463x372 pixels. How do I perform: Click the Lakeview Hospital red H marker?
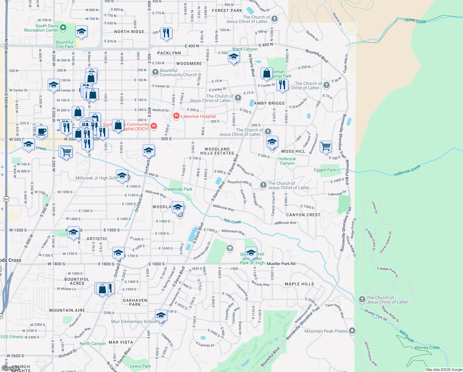[x=176, y=116]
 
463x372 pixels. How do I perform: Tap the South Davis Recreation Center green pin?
[x=63, y=28]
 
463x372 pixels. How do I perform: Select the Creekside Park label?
[x=178, y=189]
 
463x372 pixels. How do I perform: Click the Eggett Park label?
[x=325, y=170]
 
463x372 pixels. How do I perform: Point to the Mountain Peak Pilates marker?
[x=352, y=331]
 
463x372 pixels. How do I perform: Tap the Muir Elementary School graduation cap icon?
[x=161, y=316]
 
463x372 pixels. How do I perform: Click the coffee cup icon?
[x=41, y=131]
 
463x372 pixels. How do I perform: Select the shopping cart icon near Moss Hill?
[x=326, y=146]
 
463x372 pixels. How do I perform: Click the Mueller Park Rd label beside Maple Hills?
[x=281, y=264]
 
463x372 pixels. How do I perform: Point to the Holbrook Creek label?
[x=407, y=170]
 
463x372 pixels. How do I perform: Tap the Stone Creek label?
[x=415, y=21]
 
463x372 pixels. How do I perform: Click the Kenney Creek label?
[x=427, y=348]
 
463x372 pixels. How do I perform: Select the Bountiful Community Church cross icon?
[x=155, y=72]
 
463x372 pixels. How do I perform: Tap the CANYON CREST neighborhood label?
[x=303, y=215]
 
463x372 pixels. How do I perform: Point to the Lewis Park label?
[x=140, y=366]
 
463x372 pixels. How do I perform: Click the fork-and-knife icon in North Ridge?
[x=167, y=33]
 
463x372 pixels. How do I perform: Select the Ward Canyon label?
[x=245, y=49]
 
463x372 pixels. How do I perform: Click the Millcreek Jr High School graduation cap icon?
[x=122, y=176]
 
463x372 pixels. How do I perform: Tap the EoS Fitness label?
[x=12, y=337]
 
